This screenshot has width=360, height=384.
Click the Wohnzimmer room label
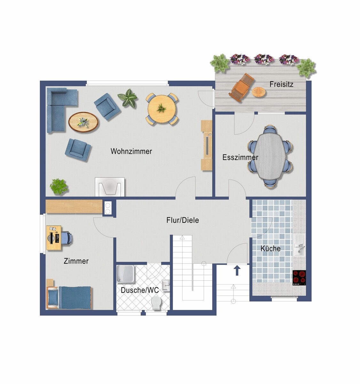(x=131, y=151)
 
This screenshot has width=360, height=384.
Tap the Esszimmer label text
(x=240, y=157)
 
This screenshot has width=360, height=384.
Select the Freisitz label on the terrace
(x=281, y=84)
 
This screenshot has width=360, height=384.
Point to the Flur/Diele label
(x=183, y=220)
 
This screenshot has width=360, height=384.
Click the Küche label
(x=270, y=248)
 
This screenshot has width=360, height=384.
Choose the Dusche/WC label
(x=140, y=290)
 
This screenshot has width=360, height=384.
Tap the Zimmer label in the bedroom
(x=76, y=261)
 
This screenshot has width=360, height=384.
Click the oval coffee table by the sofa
(x=83, y=122)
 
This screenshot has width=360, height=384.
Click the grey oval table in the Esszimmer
(x=270, y=156)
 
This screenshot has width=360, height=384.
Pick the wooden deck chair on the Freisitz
(x=241, y=87)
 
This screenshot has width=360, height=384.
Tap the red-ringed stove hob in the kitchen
(x=299, y=277)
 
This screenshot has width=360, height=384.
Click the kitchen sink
(x=299, y=245)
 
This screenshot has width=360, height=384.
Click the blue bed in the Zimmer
(x=69, y=298)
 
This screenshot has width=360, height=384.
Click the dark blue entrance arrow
(x=238, y=270)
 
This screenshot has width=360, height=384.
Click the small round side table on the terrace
(x=259, y=92)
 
